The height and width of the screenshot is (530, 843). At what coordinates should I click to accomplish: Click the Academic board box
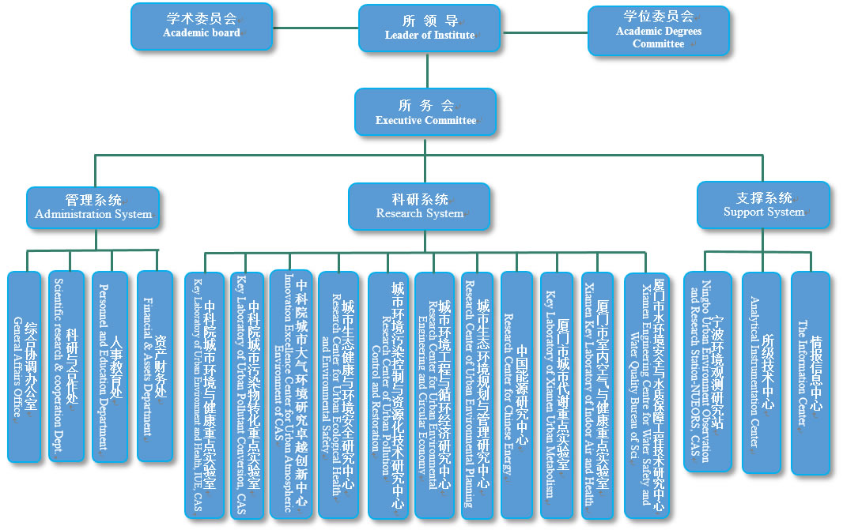pyautogui.click(x=202, y=26)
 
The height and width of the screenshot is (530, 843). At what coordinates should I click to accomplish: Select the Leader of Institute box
pyautogui.click(x=429, y=28)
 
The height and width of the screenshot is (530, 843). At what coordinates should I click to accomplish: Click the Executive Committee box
pyautogui.click(x=425, y=111)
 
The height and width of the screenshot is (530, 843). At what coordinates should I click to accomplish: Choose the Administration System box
pyautogui.click(x=93, y=207)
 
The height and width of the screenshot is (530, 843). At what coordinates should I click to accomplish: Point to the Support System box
pyautogui.click(x=763, y=205)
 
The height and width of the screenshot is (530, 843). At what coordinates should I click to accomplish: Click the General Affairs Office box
pyautogui.click(x=24, y=366)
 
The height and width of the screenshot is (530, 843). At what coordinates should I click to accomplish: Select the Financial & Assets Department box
pyautogui.click(x=154, y=365)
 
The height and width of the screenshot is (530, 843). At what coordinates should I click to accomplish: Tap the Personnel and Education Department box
pyautogui.click(x=109, y=366)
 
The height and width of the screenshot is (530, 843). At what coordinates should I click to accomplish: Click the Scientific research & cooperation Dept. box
pyautogui.click(x=66, y=366)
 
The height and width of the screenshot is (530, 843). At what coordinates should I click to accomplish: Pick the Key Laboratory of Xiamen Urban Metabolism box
pyautogui.click(x=557, y=395)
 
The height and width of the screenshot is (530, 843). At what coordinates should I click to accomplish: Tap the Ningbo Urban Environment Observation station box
pyautogui.click(x=707, y=370)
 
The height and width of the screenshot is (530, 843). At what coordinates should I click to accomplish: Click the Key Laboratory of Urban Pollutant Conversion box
pyautogui.click(x=247, y=395)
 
